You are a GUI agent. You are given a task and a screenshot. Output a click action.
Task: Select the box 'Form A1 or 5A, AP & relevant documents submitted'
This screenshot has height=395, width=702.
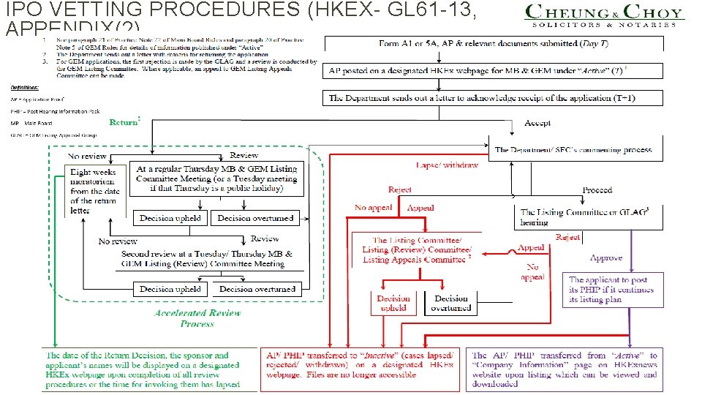[494, 44]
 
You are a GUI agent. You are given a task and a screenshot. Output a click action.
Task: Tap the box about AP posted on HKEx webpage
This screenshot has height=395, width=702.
[494, 71]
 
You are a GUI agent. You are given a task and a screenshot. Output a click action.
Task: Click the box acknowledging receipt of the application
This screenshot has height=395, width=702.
[494, 97]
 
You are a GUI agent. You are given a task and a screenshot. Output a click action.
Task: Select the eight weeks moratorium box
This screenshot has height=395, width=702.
[93, 191]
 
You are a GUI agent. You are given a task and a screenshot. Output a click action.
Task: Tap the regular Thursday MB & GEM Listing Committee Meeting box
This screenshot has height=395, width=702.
[216, 178]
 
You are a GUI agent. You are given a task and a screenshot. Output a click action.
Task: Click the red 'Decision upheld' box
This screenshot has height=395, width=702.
[393, 303]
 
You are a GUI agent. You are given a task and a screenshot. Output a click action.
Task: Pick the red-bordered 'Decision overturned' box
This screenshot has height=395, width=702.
[451, 303]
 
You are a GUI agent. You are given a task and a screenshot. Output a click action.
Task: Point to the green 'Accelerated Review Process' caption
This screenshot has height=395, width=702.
[197, 317]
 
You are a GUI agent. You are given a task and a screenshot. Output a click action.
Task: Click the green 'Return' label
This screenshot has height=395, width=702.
[124, 122]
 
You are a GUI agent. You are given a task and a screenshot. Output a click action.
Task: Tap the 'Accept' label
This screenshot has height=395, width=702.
[537, 123]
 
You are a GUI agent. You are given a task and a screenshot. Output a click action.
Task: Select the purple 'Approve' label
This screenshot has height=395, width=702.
[606, 257]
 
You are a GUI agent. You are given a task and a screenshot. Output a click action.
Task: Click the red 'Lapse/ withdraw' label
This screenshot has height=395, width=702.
[447, 165]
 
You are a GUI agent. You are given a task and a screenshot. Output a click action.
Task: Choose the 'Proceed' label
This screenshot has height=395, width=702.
[597, 190]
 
